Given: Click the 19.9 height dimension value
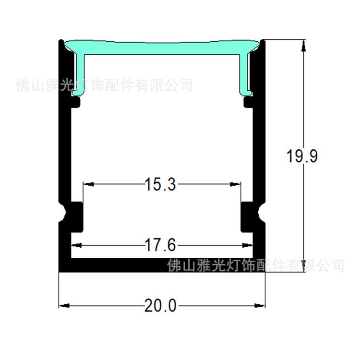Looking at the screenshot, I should tap(301, 156).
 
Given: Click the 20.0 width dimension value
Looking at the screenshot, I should tap(161, 305).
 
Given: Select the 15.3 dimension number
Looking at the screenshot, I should tap(161, 184).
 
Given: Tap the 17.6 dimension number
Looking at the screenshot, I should tap(161, 245).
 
